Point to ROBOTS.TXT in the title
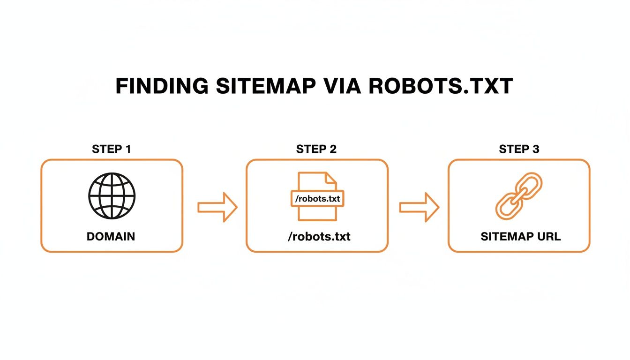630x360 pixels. tap(440, 87)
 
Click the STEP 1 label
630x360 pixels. tap(112, 150)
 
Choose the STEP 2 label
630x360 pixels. tap(316, 150)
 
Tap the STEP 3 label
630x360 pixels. tap(519, 150)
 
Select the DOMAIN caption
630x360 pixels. tap(111, 236)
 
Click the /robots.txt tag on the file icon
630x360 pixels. tap(317, 198)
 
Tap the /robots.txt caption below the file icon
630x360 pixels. tap(319, 236)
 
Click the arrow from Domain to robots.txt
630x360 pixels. tap(217, 207)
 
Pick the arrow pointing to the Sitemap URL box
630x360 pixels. tap(419, 207)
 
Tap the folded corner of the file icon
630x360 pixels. tap(331, 178)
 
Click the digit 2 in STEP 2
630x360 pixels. tap(333, 150)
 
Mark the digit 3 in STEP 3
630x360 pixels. tap(535, 150)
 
